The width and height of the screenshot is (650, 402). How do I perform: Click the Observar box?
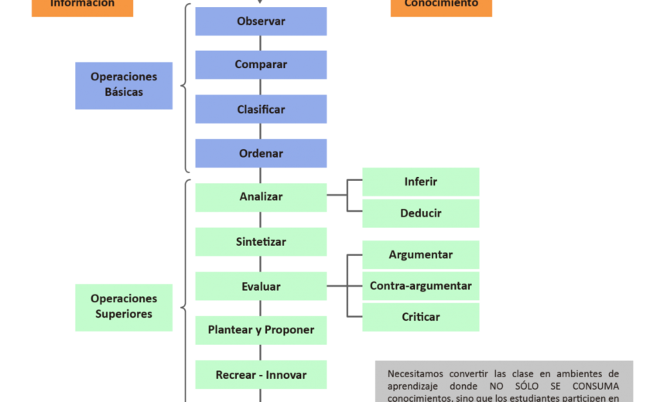[x=261, y=22]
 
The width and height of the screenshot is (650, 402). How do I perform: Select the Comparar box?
[x=261, y=65]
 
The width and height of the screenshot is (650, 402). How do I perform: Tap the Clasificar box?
[x=261, y=109]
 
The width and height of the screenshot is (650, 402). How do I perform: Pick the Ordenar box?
[x=261, y=153]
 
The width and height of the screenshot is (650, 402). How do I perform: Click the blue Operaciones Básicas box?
[x=124, y=85]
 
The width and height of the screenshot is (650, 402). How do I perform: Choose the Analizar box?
[x=261, y=197]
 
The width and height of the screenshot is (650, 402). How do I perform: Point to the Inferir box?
[x=421, y=182]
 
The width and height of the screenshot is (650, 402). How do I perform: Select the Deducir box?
[x=421, y=213]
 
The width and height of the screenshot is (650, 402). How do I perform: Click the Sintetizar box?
[x=261, y=241]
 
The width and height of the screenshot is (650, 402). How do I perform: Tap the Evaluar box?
[x=261, y=286]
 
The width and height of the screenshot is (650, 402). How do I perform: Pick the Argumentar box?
[x=421, y=255]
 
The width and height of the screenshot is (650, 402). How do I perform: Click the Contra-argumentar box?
[x=421, y=286]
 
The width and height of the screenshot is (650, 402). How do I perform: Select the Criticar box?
[x=421, y=317]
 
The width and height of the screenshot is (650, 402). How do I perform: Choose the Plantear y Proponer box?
[x=261, y=330]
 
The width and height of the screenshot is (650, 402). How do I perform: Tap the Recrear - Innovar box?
[x=261, y=375]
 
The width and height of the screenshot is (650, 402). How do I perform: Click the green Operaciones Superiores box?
[x=124, y=307]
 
